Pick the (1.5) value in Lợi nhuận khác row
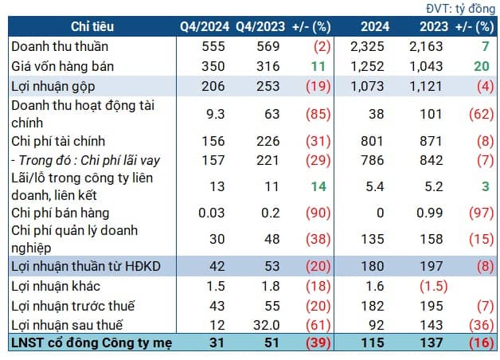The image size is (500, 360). [428, 286]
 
